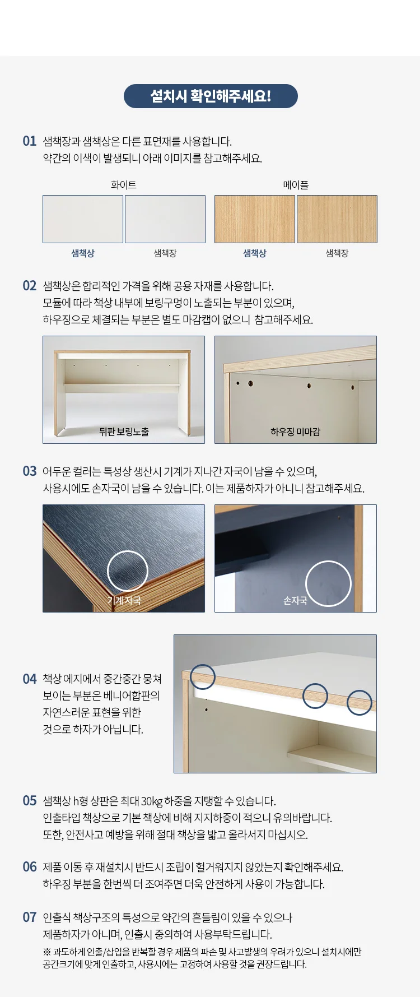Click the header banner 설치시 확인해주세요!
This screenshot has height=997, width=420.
pyautogui.click(x=211, y=96)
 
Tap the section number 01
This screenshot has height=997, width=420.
pyautogui.click(x=30, y=141)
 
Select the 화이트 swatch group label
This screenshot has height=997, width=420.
pyautogui.click(x=124, y=185)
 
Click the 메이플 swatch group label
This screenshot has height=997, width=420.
pyautogui.click(x=296, y=185)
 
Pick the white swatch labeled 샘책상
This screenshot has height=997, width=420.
pyautogui.click(x=83, y=219)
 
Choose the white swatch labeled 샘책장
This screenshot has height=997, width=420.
pyautogui.click(x=165, y=219)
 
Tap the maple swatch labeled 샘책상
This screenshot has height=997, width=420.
pyautogui.click(x=255, y=219)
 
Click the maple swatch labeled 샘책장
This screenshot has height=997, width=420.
pyautogui.click(x=337, y=219)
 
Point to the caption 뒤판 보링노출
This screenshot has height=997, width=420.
pyautogui.click(x=124, y=432)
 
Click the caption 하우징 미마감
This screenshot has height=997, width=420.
pyautogui.click(x=296, y=432)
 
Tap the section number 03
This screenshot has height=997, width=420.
pyautogui.click(x=30, y=471)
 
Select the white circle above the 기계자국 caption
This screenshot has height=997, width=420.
pyautogui.click(x=128, y=551)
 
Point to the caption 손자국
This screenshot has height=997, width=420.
pyautogui.click(x=295, y=601)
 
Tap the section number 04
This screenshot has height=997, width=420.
pyautogui.click(x=30, y=679)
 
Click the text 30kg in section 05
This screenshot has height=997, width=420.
pyautogui.click(x=151, y=801)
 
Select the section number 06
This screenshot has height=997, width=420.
pyautogui.click(x=30, y=867)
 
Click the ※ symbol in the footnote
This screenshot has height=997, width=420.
pyautogui.click(x=46, y=952)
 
